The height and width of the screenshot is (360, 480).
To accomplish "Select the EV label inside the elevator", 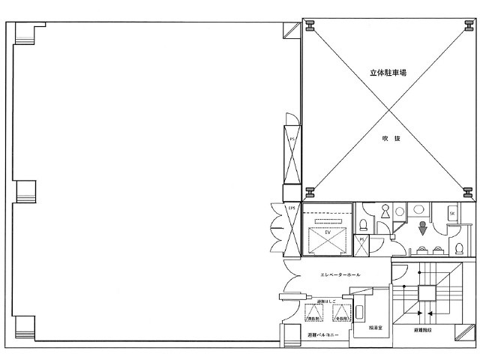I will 327,233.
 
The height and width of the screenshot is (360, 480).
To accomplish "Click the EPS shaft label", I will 292,208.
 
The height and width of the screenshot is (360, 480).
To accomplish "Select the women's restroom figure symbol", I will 384,212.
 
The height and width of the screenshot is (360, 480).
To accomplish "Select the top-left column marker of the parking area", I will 310,26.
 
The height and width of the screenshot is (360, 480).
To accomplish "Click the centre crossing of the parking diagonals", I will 389,109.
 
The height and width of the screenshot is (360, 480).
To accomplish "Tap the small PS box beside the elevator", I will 361,241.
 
